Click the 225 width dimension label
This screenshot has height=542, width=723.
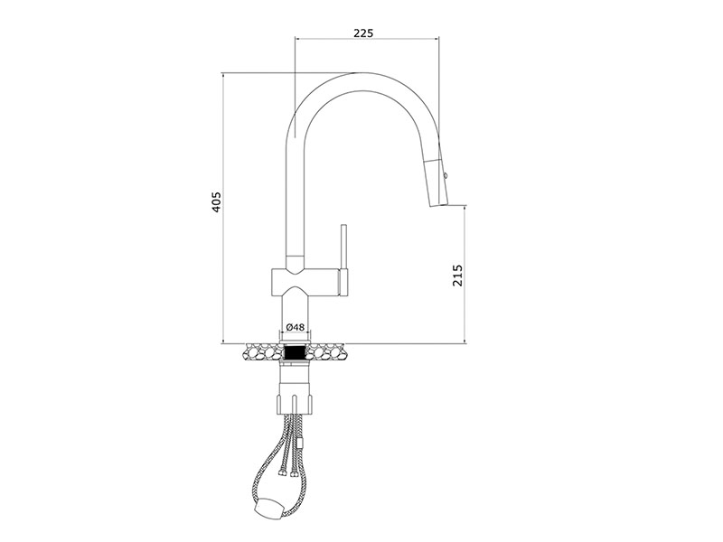tap(363, 33)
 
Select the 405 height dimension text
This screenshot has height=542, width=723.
tap(216, 201)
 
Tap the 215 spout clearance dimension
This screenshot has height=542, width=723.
tap(457, 276)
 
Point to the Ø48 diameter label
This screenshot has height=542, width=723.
tap(296, 327)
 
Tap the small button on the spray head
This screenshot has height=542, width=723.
tap(446, 176)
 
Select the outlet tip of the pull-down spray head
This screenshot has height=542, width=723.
tap(438, 205)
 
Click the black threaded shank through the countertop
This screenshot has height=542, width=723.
tap(296, 352)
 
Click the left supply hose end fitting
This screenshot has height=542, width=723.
tap(280, 471)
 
